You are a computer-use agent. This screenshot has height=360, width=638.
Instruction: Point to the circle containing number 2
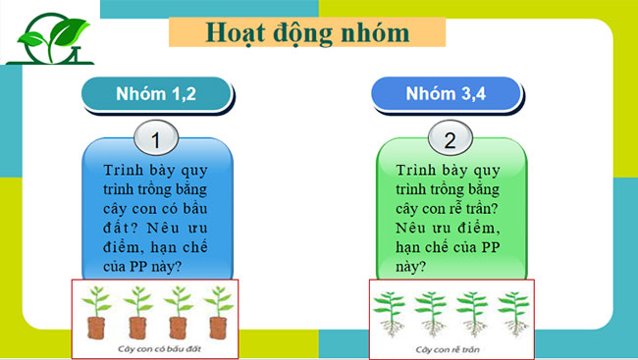(x=450, y=140)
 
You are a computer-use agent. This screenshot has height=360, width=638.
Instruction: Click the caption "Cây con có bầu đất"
(x=156, y=348)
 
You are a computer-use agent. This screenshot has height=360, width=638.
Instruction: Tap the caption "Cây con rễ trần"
(x=451, y=348)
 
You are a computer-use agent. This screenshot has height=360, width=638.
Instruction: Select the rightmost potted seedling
(x=216, y=314)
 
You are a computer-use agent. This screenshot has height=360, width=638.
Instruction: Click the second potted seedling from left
(x=137, y=314)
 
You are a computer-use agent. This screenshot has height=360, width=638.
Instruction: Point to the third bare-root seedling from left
(x=471, y=312)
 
